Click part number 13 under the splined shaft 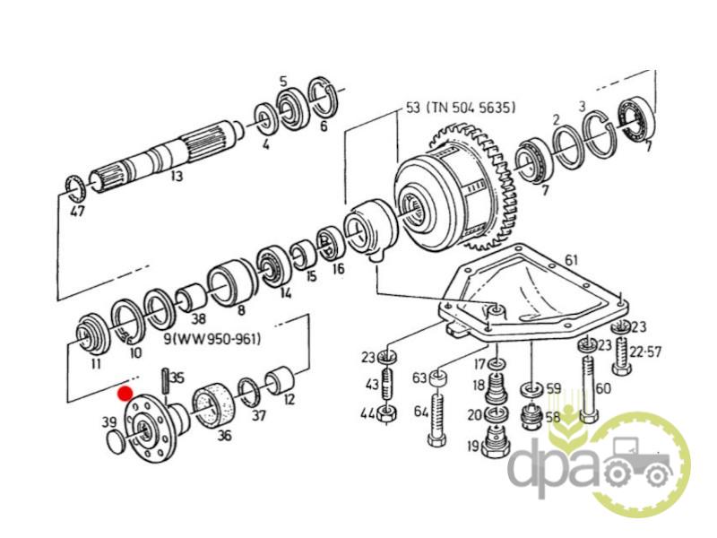[x=176, y=177]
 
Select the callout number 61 [x=571, y=260]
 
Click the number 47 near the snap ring [x=77, y=213]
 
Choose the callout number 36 [x=223, y=436]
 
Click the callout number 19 [x=471, y=446]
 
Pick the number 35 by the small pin [x=177, y=377]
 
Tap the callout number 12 [x=289, y=400]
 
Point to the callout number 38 [x=198, y=318]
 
